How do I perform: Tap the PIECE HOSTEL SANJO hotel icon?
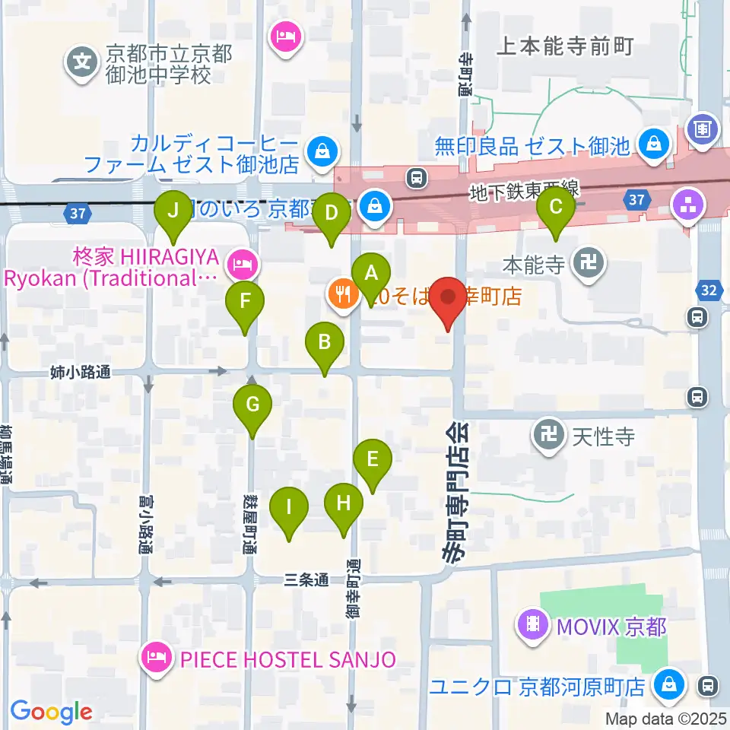point(157,659)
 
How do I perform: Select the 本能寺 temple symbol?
point(590,264)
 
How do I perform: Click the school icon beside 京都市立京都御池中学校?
point(81,63)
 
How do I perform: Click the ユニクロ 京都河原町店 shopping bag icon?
point(671,682)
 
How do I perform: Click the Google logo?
point(51,712)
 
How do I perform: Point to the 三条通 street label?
point(306,580)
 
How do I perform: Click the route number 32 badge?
point(708,290)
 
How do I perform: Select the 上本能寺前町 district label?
point(564,47)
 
